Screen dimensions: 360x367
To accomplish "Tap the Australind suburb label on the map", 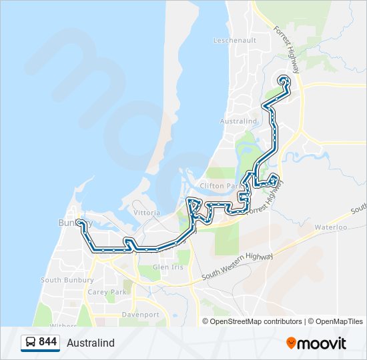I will pyautogui.click(x=238, y=121).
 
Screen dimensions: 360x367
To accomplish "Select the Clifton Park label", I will pyautogui.click(x=219, y=186).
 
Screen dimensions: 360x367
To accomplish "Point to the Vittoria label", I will pyautogui.click(x=147, y=213).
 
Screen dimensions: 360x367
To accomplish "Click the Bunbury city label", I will pyautogui.click(x=69, y=223).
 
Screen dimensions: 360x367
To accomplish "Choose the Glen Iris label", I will pyautogui.click(x=167, y=267).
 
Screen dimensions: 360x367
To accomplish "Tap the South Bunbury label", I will pyautogui.click(x=67, y=280).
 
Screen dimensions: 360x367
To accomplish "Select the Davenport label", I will pyautogui.click(x=140, y=314).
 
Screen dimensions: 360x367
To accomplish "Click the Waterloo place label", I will pyautogui.click(x=332, y=227).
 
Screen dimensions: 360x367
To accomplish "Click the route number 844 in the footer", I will pyautogui.click(x=47, y=342).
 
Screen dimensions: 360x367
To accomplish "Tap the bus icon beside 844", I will pyautogui.click(x=31, y=343).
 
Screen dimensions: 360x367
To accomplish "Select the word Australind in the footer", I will pyautogui.click(x=91, y=343).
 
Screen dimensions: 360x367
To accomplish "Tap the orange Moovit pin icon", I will pyautogui.click(x=292, y=343).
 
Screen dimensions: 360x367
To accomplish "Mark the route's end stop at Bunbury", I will pyautogui.click(x=79, y=221).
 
